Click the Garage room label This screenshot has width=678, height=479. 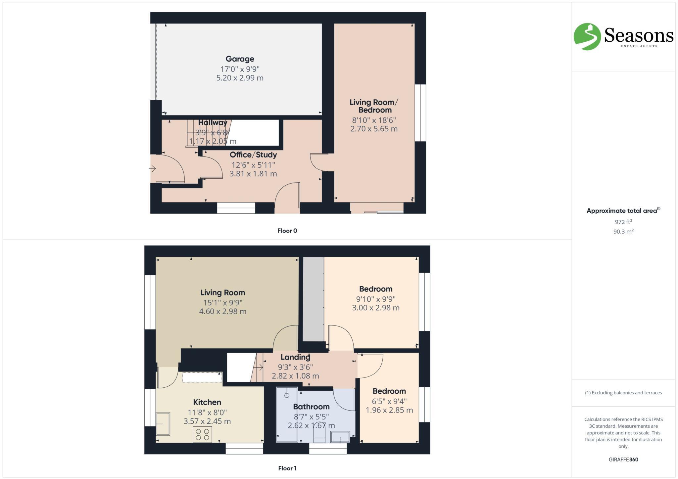coord(240,59)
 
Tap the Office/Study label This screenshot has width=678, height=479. coord(253,155)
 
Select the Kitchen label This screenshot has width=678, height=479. coord(207,402)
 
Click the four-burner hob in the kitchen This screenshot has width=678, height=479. coord(202,434)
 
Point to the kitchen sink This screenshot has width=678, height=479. coord(163,423)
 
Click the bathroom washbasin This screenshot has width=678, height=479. coord(340,437)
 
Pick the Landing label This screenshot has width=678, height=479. coord(295,357)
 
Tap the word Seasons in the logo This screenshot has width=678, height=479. coord(639,35)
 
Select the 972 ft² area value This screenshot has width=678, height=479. coord(623,222)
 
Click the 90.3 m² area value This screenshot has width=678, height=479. coord(623,232)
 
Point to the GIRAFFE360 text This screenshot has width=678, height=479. coord(623,459)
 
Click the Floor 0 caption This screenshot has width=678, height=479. coord(287,231)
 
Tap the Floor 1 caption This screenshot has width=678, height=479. coord(287,468)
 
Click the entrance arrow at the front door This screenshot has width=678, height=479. coord(153,169)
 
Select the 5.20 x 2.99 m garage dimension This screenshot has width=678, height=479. coord(240,78)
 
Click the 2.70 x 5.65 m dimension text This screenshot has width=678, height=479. coord(374,129)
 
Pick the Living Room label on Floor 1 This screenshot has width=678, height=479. coord(222,293)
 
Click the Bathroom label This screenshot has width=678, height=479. coord(311,407)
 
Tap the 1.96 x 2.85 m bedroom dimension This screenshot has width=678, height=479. coord(389,410)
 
